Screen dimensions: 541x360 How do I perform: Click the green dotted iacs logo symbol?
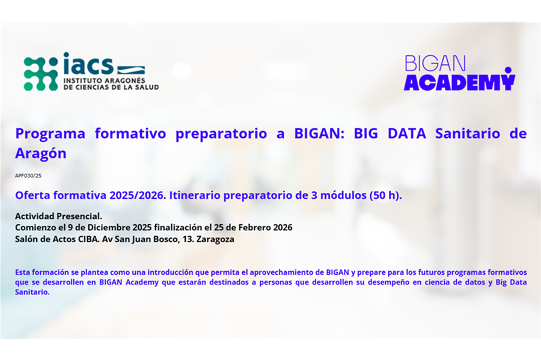[41, 74]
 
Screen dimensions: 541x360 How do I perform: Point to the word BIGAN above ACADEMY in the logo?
[435, 64]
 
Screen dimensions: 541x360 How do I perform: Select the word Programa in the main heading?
[50, 133]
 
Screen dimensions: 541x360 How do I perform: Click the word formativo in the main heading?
[130, 133]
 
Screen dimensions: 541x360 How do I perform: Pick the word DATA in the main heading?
[407, 133]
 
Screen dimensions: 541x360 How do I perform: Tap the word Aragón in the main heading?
[41, 153]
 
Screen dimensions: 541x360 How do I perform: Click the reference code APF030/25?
[28, 175]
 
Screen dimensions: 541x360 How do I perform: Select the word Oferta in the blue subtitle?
[33, 195]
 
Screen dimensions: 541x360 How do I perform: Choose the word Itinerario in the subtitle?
[195, 195]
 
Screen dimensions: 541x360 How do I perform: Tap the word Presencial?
[80, 216]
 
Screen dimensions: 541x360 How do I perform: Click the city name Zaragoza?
[215, 239]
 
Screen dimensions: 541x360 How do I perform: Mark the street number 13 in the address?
[187, 239]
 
